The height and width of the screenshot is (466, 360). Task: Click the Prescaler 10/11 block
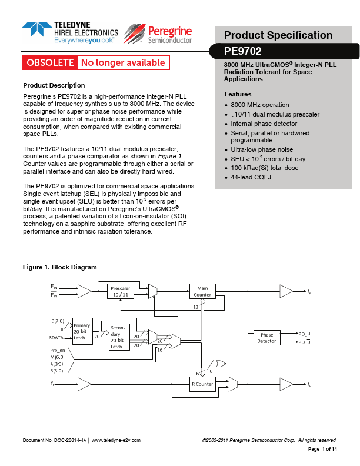point(121,291)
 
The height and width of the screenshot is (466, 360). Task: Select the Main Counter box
point(202,291)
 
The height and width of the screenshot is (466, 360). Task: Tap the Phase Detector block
point(266,338)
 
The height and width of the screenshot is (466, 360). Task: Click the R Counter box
point(202,384)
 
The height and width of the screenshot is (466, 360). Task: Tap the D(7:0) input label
point(59,322)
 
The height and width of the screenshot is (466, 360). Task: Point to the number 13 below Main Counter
point(196,307)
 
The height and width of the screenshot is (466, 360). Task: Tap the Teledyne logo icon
point(36,32)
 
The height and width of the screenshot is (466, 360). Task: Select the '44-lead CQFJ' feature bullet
point(251,177)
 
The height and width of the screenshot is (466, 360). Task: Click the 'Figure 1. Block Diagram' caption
point(59,267)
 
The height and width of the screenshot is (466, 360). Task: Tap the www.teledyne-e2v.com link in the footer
point(116,440)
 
